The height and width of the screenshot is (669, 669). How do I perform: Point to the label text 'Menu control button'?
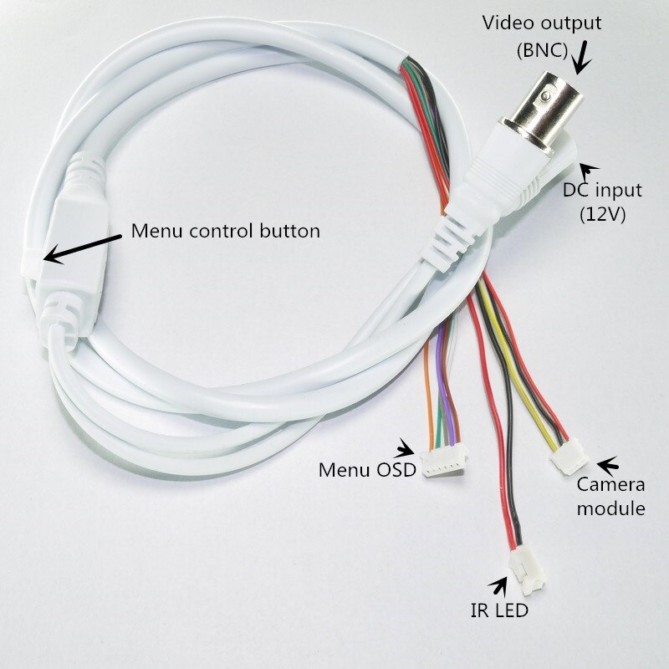tap(225, 231)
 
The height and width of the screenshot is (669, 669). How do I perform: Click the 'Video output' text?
tap(541, 22)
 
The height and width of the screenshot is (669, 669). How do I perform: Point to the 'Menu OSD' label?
tap(366, 469)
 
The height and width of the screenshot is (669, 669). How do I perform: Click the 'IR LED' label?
tap(498, 611)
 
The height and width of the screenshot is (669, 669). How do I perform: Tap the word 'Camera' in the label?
tap(611, 485)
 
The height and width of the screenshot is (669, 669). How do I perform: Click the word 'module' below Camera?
tap(611, 508)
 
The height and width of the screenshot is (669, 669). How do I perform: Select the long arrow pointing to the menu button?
tap(84, 247)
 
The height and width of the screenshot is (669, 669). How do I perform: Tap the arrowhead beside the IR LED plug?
tap(503, 585)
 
